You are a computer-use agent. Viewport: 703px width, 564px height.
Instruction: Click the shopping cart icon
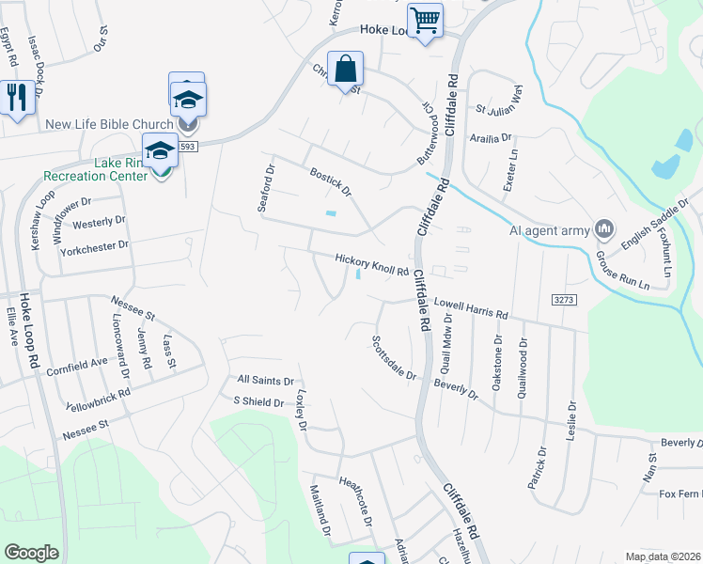tap(426, 20)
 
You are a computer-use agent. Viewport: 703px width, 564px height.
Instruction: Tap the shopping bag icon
tap(345, 69)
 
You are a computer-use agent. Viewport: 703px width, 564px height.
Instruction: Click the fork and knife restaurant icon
tap(16, 97)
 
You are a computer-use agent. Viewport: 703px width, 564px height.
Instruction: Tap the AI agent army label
tap(548, 229)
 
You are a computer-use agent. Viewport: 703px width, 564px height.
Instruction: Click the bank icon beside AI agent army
tap(603, 228)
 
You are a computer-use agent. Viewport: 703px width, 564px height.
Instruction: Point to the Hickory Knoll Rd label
tap(372, 265)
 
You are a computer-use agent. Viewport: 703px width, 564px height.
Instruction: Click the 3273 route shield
tap(564, 298)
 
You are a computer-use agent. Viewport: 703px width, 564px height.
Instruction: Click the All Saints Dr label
tap(267, 380)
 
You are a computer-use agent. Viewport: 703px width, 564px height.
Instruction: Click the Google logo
tap(32, 553)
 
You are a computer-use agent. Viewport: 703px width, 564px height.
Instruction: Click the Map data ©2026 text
tap(663, 556)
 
